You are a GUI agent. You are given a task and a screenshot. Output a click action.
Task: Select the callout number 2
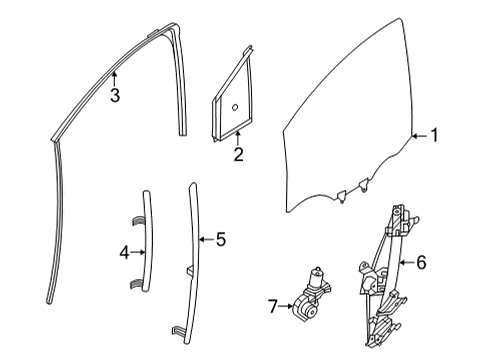[x=238, y=154]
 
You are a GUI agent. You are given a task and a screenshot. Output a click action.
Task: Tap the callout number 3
[x=116, y=96]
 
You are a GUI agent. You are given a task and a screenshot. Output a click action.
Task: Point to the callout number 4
[x=124, y=252]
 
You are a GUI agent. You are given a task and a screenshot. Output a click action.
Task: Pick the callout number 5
[x=221, y=239]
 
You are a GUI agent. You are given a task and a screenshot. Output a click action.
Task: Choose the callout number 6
[x=421, y=262]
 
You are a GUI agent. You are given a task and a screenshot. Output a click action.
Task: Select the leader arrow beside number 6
[x=403, y=262]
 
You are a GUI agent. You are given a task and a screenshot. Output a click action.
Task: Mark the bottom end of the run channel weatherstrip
[x=49, y=297]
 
